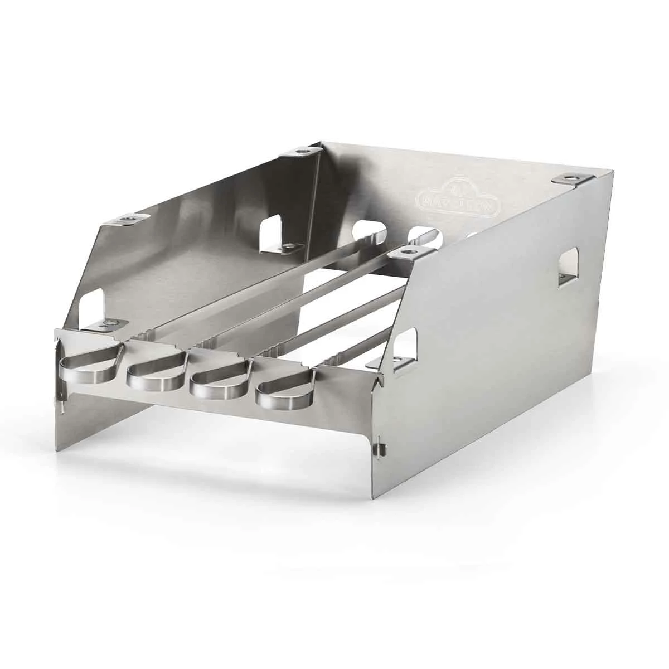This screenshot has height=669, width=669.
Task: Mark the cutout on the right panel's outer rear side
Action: point(567,266)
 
